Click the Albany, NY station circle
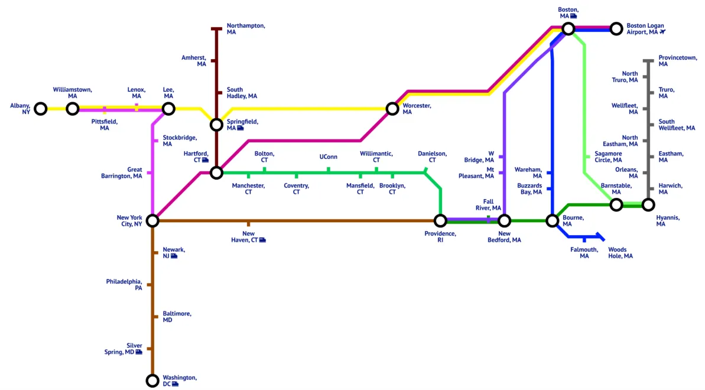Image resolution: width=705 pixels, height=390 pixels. coord(40,109)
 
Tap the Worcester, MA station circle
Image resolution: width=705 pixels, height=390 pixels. coord(392,109)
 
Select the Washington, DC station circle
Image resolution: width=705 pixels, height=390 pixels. coord(152,381)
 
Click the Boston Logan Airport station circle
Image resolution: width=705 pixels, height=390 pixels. coord(616,28)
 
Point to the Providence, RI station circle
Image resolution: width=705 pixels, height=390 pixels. coord(440,221)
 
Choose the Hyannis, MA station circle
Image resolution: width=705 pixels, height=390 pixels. coord(648,205)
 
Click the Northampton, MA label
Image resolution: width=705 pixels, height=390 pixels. coord(246,29)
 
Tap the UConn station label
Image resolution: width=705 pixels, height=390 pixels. coord(328,157)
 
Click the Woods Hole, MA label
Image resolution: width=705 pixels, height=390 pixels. coord(620,253)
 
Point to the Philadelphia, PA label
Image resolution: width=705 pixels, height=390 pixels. coord(124,285)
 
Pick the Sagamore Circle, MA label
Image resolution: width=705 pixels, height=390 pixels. coord(608,157)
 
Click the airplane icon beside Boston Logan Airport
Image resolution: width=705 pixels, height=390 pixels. coord(662,32)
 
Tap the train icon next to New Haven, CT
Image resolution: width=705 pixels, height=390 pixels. coord(262,240)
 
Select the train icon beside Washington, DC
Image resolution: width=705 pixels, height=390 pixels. coord(176,384)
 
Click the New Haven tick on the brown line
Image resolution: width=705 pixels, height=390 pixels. coord(248,223)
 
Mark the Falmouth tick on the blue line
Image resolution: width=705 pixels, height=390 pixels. coord(584,239)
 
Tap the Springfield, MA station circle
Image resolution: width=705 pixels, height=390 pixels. coord(216,125)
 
